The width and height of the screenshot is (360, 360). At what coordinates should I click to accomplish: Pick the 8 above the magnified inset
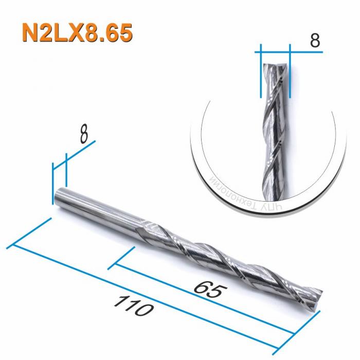pos(314,41)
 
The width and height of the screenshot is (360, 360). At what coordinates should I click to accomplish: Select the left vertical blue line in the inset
pos(261,72)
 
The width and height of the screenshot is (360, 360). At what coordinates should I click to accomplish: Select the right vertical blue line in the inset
pos(290,72)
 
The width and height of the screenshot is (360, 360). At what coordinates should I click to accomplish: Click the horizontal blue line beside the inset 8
pos(275,52)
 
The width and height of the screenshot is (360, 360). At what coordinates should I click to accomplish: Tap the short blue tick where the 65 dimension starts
pos(122,258)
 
